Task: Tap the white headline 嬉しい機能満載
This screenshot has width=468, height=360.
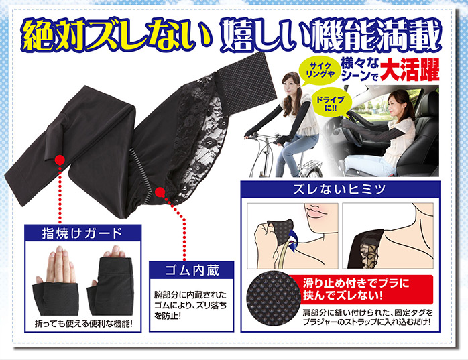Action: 331,36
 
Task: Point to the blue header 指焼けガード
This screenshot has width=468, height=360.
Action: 82,233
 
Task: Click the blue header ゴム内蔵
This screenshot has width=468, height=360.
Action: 191,270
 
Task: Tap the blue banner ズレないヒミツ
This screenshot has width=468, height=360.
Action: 340,189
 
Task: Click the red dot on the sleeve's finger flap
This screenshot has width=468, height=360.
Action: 60,160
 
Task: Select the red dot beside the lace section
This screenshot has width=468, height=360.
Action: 160,192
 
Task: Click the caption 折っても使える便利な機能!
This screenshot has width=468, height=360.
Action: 83,324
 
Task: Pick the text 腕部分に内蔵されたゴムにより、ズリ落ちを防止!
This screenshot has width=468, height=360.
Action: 190,305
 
